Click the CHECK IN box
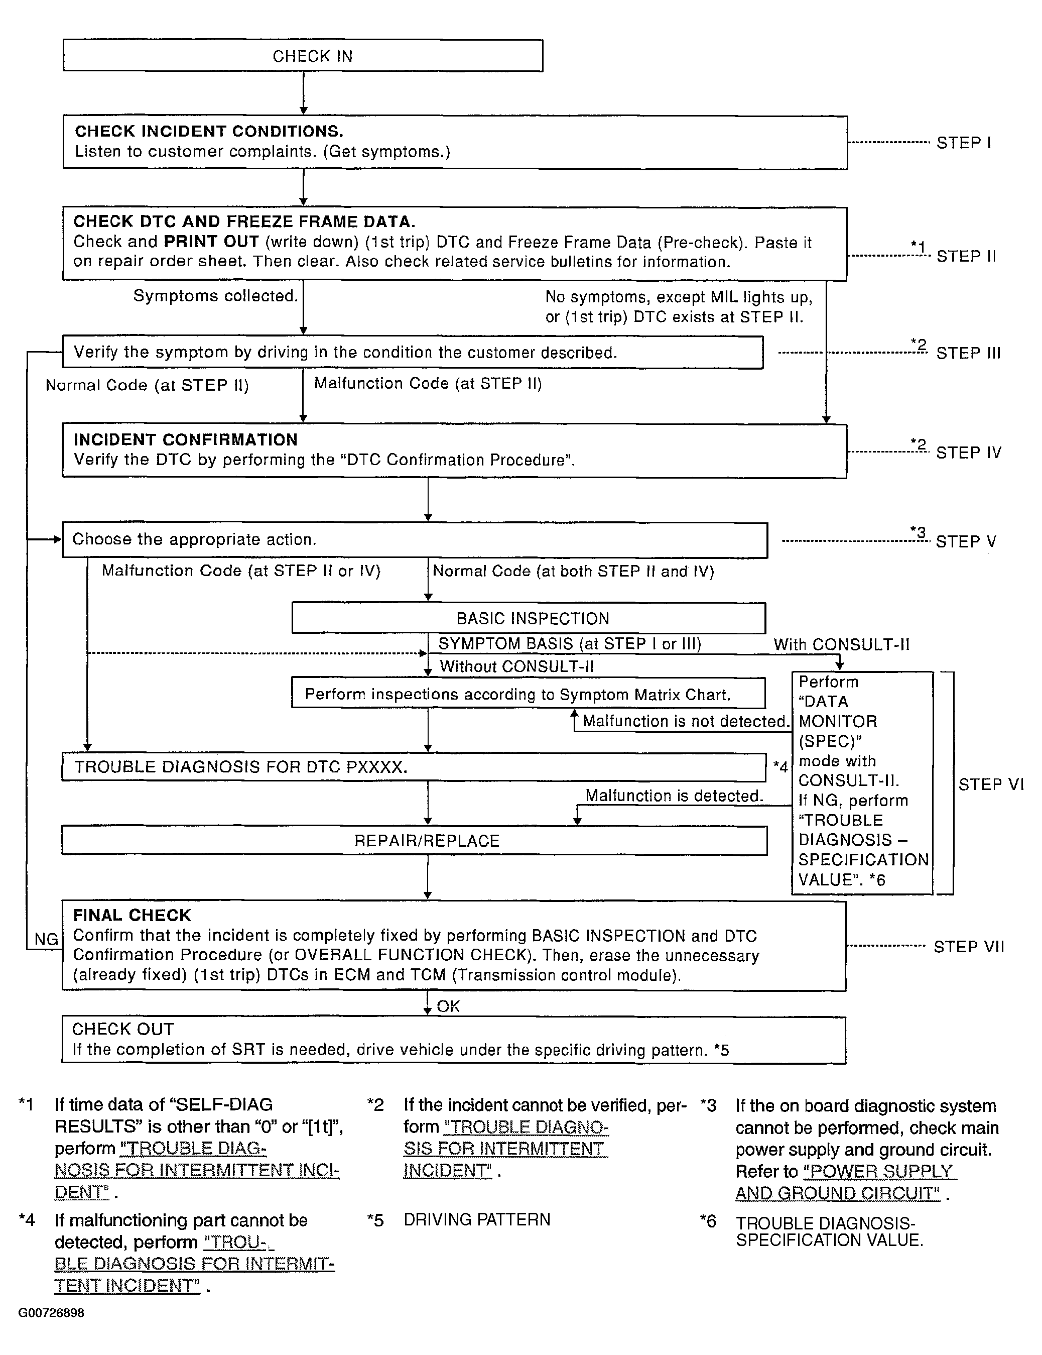point(303,56)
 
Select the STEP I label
point(963,143)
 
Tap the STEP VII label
point(968,947)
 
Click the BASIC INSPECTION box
point(529,619)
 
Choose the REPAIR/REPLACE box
point(414,841)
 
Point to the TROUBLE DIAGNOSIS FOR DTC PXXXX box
point(414,767)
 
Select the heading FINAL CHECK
point(132,915)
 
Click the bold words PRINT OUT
point(211,242)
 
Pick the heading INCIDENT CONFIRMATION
point(185,440)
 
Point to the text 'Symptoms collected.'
point(215,296)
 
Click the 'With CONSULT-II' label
point(841,645)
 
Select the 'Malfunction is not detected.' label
point(686,721)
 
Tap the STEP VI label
point(990,784)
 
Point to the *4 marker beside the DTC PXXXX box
point(780,767)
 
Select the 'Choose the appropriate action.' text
point(194,539)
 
